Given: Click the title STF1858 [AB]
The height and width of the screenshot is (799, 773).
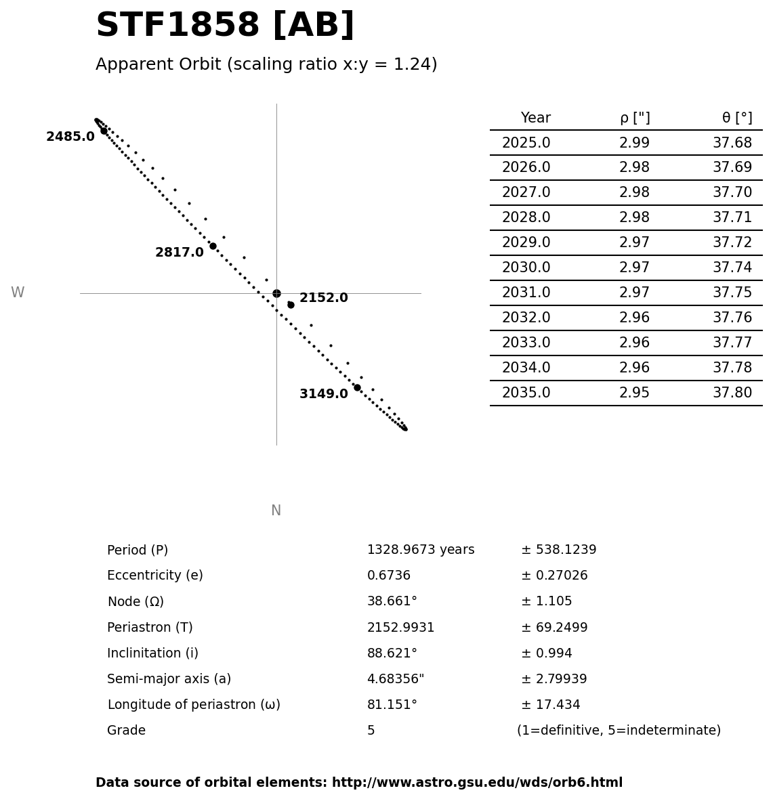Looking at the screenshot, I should (x=225, y=26).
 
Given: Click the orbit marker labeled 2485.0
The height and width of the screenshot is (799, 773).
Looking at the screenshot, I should (x=104, y=131).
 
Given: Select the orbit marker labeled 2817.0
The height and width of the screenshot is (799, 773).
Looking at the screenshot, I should (x=213, y=246).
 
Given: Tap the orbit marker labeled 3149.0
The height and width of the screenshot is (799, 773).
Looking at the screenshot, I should (x=357, y=387).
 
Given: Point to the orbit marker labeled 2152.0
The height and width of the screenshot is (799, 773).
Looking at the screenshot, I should (x=291, y=305).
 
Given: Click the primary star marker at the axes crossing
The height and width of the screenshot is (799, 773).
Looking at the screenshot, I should (x=276, y=293).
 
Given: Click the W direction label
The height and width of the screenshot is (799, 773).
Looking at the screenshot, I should (x=18, y=293).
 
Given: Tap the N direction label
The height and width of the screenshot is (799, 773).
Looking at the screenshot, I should (x=276, y=511).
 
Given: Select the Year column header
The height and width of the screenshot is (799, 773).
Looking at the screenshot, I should (x=535, y=118).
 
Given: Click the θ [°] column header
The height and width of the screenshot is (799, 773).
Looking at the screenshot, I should (x=736, y=118).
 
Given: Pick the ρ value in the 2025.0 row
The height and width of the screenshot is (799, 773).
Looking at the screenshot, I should (x=634, y=143).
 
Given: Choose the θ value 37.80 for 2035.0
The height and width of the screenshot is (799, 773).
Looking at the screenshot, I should (x=732, y=393).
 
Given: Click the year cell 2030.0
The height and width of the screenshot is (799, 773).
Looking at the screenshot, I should (x=526, y=267).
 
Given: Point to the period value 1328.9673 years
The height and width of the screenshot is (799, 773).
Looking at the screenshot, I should (x=421, y=550).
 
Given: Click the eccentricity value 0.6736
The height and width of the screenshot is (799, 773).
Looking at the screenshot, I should (x=389, y=576).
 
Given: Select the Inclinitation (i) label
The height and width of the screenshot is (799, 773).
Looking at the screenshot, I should (x=152, y=653).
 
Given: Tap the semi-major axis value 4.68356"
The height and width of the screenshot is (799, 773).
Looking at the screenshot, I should (x=396, y=679).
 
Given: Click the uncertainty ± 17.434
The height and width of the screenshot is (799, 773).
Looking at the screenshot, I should (x=550, y=705).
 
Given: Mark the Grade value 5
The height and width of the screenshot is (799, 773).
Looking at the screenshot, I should (x=371, y=731).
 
